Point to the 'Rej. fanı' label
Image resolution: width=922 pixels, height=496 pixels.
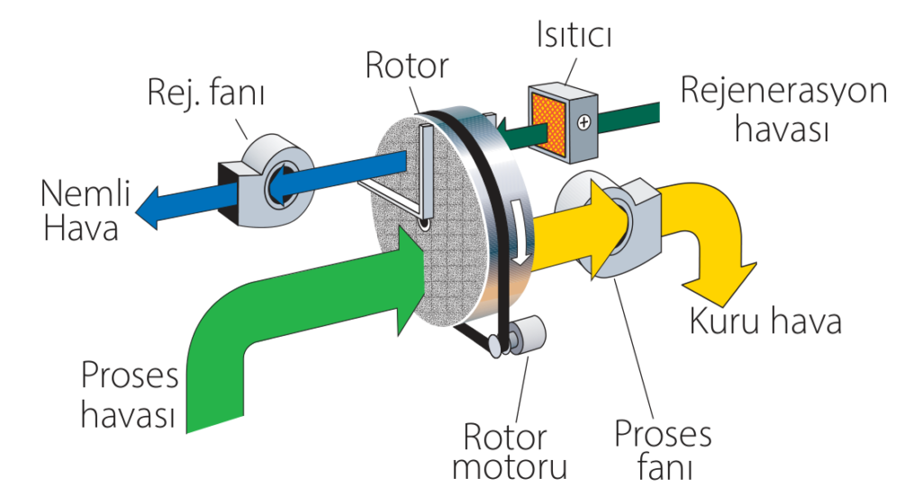coord(212,90)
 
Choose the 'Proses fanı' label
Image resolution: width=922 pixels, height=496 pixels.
coord(663,451)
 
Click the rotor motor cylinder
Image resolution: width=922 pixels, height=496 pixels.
coord(529,335)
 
